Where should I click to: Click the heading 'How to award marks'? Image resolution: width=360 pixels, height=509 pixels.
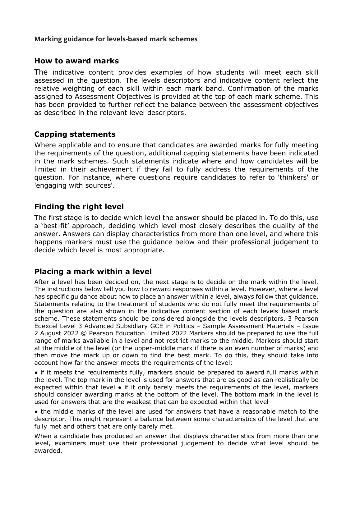point(76,61)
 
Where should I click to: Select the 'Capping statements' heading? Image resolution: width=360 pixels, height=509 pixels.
point(75,134)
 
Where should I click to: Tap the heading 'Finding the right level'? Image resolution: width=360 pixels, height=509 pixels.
point(79,207)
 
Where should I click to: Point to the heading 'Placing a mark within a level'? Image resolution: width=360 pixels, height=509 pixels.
point(93,272)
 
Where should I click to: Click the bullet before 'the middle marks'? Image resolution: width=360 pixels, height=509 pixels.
point(36,412)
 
